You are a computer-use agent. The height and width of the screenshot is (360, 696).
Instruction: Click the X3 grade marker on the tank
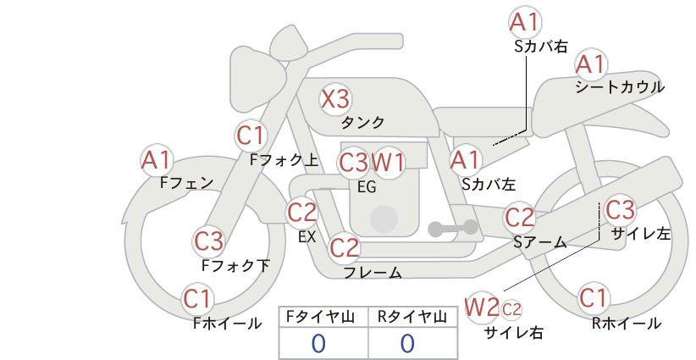click(335, 98)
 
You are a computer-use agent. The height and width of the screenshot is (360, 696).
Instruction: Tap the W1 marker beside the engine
click(389, 163)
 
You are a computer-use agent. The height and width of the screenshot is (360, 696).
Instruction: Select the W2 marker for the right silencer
click(482, 307)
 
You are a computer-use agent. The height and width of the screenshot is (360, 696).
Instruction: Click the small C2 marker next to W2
click(511, 309)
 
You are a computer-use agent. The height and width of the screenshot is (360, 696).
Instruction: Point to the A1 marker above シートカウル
click(590, 65)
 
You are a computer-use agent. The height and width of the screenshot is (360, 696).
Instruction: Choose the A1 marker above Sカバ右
click(525, 22)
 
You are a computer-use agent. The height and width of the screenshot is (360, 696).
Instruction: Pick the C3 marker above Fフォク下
click(208, 241)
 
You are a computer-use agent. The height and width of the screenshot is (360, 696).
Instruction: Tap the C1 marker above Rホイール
click(593, 298)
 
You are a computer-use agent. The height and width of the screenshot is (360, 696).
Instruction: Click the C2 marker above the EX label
click(301, 212)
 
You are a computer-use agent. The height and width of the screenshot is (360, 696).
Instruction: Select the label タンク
click(362, 122)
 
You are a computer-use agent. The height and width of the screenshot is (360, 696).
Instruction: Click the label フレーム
click(373, 273)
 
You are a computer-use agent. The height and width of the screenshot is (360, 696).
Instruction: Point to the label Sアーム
click(540, 242)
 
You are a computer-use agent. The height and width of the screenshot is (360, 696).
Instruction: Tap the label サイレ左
click(641, 234)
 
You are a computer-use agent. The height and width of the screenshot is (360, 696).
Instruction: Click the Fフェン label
click(186, 183)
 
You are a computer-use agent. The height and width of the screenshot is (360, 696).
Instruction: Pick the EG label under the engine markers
click(367, 187)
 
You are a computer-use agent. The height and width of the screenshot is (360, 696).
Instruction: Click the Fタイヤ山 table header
click(320, 317)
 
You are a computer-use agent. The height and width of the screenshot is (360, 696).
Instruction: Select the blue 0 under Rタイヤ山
click(407, 344)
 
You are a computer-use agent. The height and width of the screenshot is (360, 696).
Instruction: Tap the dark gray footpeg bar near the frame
click(453, 228)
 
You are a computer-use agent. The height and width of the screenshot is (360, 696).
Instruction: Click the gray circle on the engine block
click(384, 219)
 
